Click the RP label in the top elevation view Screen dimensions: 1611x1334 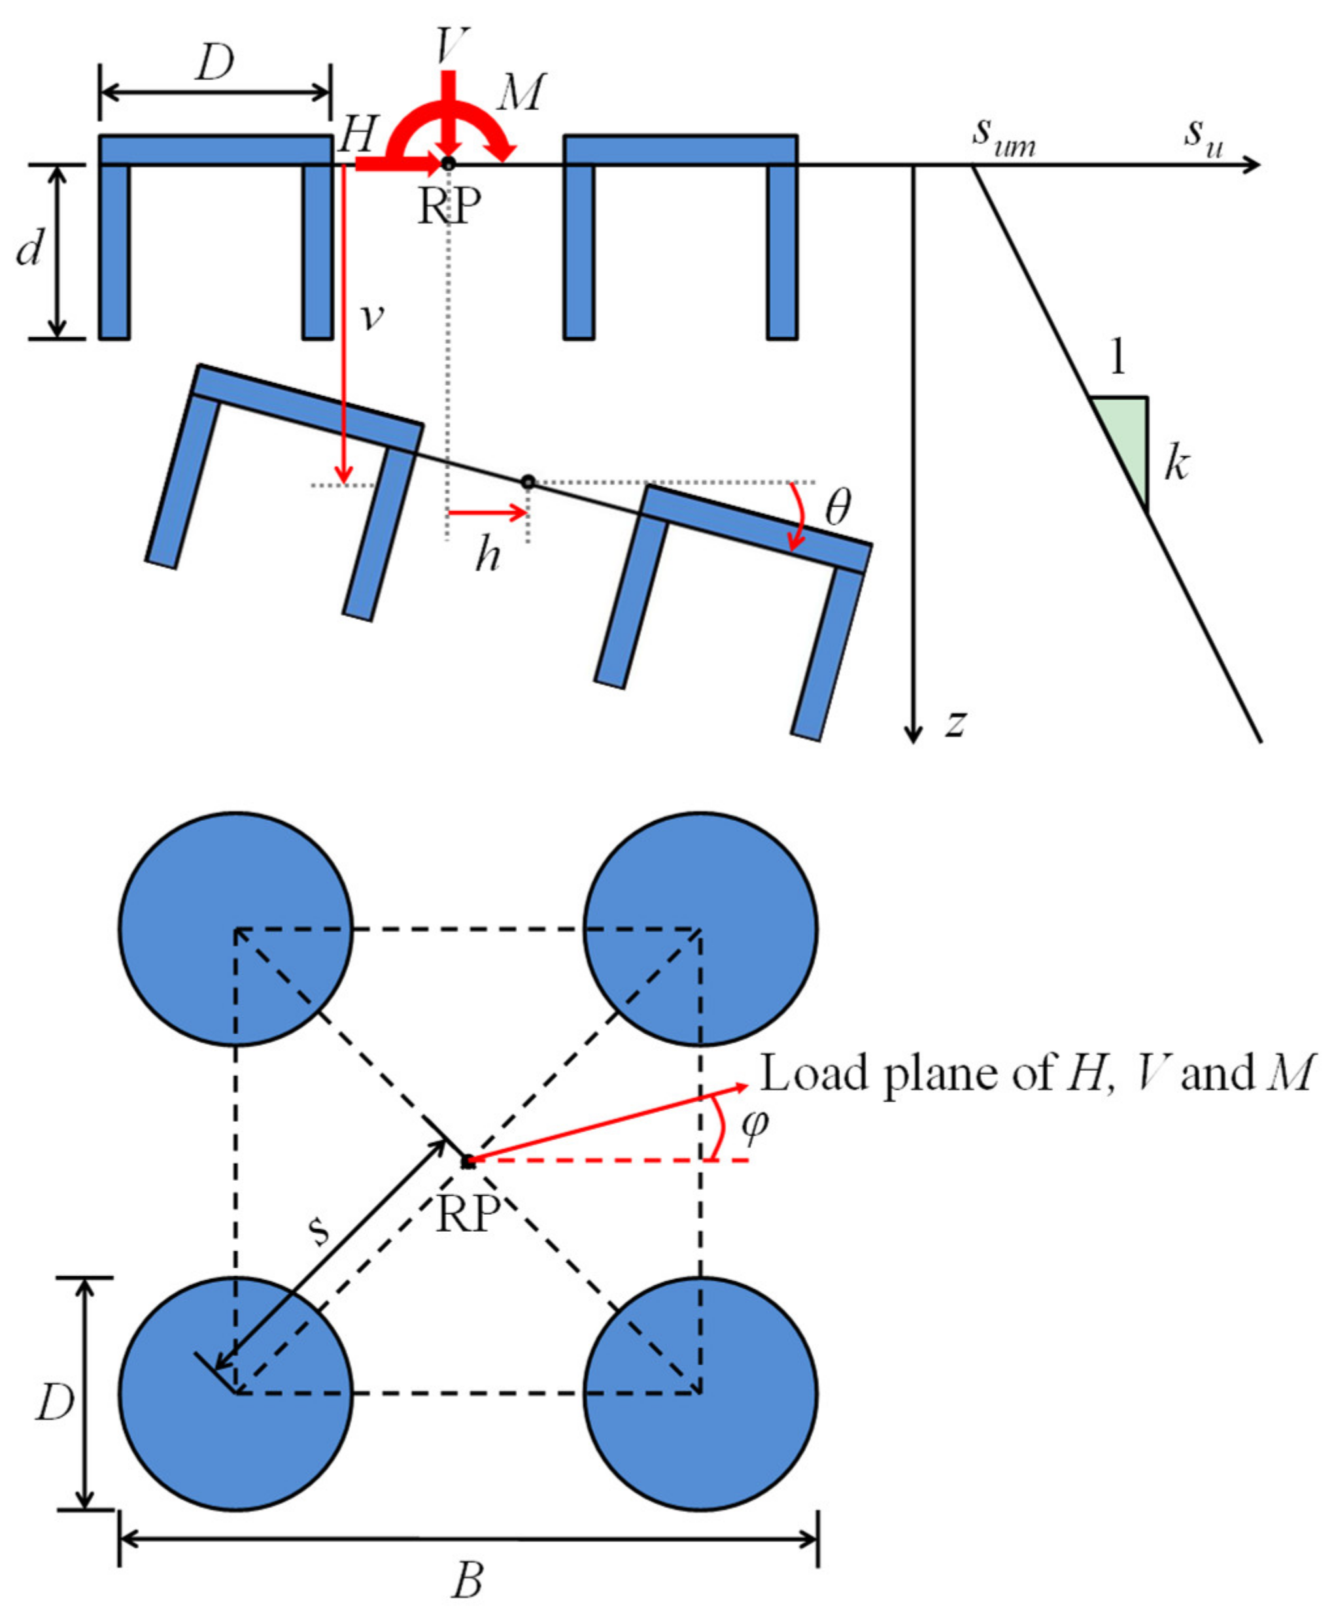click(449, 205)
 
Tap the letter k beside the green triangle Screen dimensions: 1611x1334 click(1176, 464)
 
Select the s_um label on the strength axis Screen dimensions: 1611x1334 click(1003, 138)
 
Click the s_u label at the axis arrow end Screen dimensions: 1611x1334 click(1203, 137)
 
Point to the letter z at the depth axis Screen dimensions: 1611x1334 click(954, 722)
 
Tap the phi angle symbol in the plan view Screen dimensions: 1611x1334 click(755, 1126)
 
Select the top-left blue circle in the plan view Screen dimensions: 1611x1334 click(236, 929)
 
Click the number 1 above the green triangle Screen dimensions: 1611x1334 click(1118, 357)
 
